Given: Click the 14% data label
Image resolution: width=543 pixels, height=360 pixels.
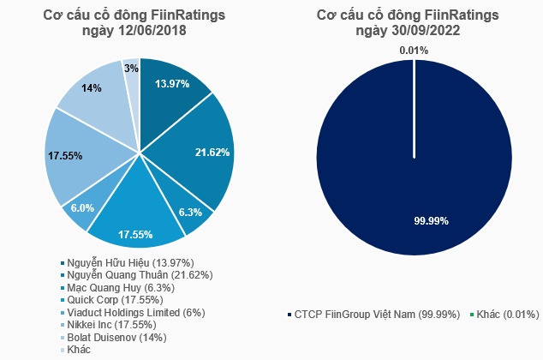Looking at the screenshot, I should click(92, 87).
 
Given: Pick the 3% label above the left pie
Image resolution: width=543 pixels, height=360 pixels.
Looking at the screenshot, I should click(132, 67).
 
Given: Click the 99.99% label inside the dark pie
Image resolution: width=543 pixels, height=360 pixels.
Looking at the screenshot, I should click(414, 220).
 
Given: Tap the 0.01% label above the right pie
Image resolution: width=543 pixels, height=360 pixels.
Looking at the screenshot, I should click(414, 51).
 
